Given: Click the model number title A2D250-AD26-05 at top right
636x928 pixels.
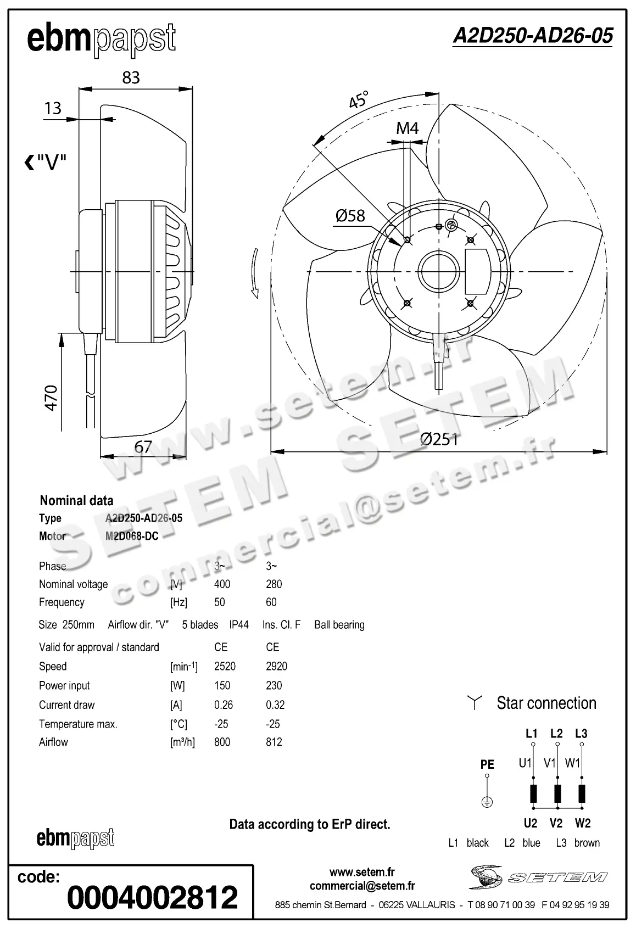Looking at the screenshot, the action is click(532, 36).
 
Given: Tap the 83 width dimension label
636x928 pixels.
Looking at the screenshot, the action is click(131, 78).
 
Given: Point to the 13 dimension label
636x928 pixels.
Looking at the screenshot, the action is click(53, 108).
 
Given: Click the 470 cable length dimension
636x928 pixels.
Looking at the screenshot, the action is click(51, 398).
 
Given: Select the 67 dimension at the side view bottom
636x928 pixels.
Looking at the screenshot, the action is click(143, 447).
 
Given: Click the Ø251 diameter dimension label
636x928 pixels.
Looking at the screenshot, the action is click(438, 439).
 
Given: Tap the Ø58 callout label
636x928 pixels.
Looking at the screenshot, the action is click(350, 216).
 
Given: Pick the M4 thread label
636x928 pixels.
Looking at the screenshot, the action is click(407, 128).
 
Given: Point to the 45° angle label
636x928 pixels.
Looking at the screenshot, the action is click(358, 100).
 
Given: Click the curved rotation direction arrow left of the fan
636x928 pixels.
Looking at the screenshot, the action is click(254, 273).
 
